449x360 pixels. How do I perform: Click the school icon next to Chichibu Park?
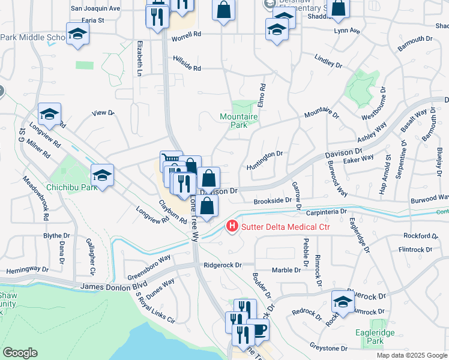click(102, 175)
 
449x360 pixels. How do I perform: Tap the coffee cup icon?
click(258, 330)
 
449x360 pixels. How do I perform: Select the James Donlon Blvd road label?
click(114, 287)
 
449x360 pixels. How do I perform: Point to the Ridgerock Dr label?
click(222, 265)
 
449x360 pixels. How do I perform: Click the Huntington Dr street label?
click(264, 154)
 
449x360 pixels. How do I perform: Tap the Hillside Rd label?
click(187, 64)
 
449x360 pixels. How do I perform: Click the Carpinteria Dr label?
click(327, 212)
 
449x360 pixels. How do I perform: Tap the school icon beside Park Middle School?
click(77, 35)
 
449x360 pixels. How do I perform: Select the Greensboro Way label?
click(149, 267)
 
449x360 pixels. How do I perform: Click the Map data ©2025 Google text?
click(412, 356)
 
